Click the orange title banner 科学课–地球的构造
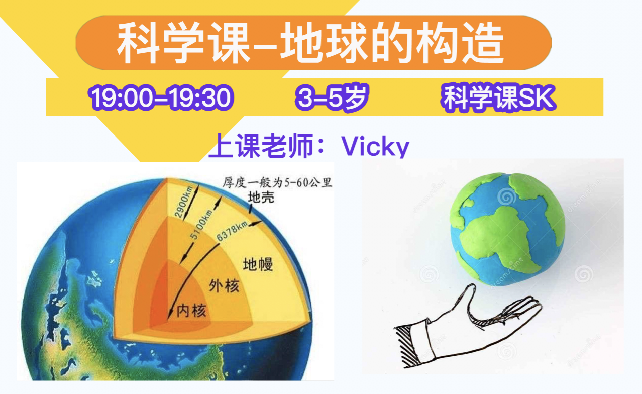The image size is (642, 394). (313, 42)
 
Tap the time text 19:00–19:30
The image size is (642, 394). (161, 97)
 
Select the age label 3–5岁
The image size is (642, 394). (332, 97)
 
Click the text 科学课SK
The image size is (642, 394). (499, 97)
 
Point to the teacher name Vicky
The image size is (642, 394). (375, 146)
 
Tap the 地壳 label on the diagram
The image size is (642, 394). (261, 198)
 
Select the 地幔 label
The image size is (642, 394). (258, 264)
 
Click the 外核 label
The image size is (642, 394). (224, 285)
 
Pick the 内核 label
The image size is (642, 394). (191, 310)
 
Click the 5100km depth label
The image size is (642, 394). (201, 224)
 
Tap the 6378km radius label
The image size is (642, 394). (232, 231)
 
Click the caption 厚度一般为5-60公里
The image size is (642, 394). (277, 182)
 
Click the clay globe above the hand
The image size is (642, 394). (508, 229)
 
